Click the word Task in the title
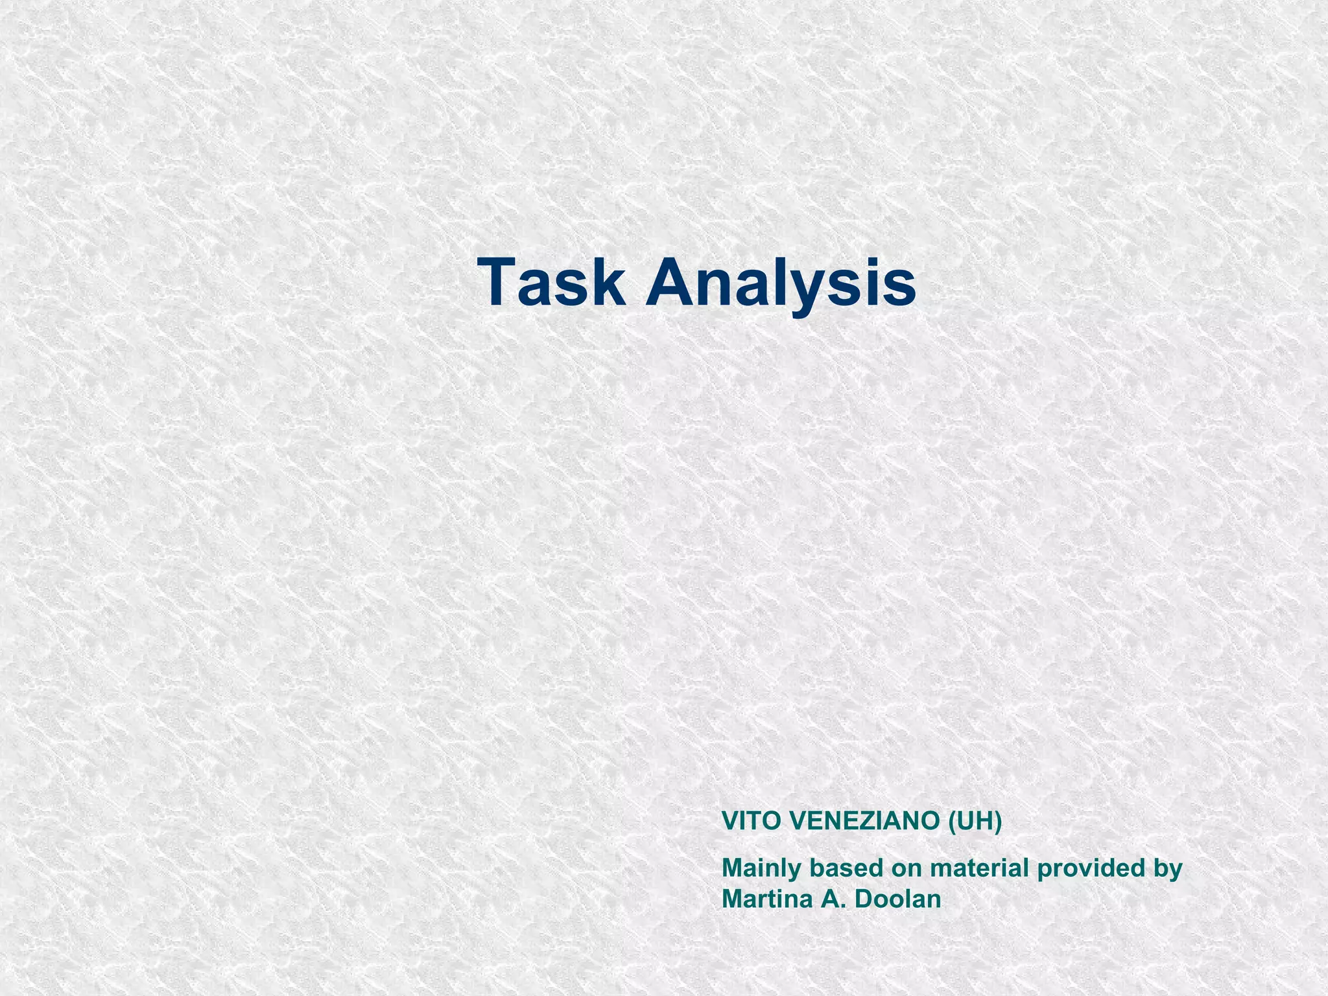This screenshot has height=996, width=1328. pyautogui.click(x=551, y=283)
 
